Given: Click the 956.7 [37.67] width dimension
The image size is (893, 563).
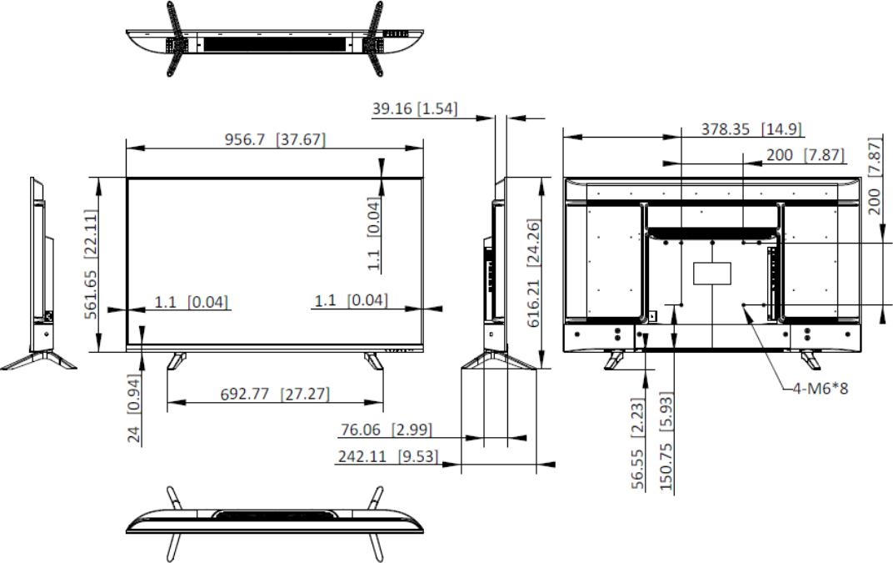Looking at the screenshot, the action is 275,139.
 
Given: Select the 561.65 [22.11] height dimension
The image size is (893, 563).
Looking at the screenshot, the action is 91,264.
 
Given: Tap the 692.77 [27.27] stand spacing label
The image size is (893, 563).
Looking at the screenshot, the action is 275,394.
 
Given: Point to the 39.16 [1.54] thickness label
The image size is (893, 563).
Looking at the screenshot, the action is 415,108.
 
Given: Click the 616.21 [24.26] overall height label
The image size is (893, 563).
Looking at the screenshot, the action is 534,273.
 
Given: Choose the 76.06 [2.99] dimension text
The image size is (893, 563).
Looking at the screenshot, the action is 387,429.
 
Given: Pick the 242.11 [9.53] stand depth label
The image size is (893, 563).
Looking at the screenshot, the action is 388,456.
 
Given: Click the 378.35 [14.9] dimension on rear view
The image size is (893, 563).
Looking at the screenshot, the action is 751,129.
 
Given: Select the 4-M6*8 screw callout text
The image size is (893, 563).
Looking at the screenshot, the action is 821,389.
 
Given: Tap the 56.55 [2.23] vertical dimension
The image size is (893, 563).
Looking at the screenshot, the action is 638,444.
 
